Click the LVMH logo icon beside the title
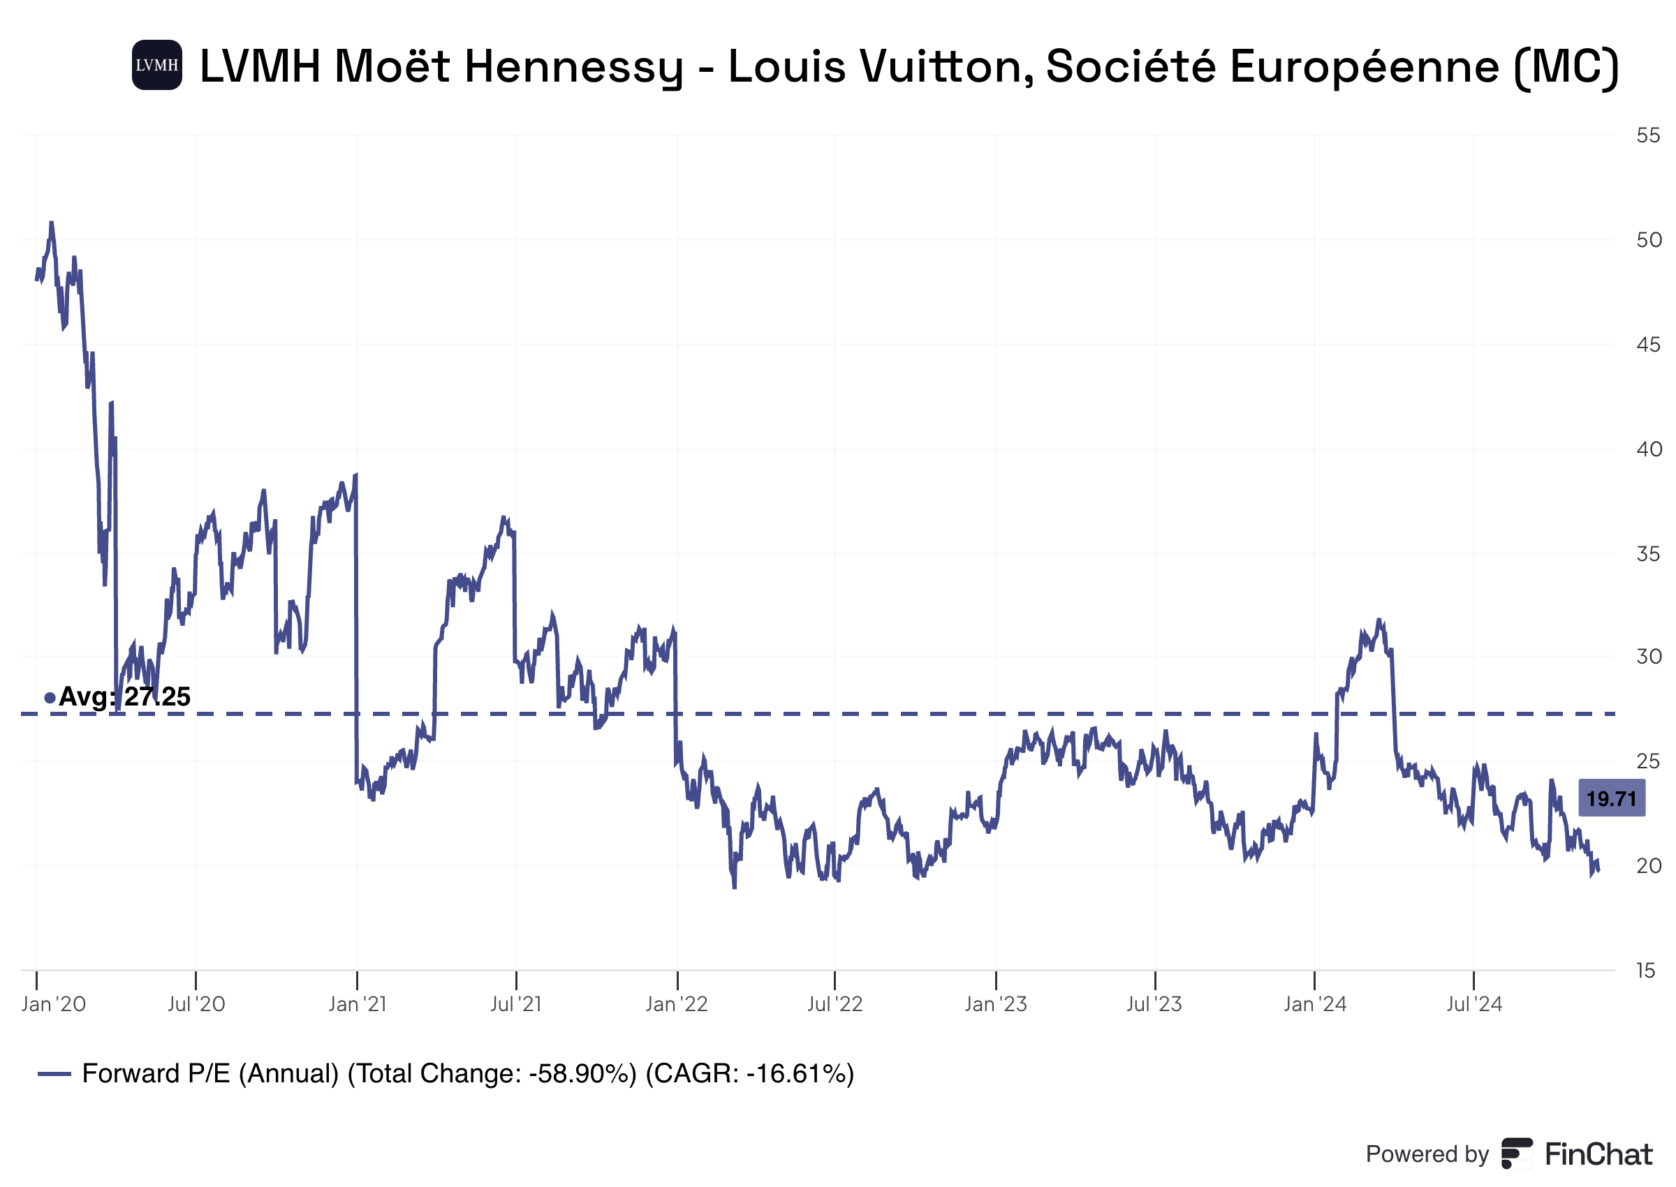156,65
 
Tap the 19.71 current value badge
1611,798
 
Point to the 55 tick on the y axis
1648,135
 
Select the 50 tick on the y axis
1648,240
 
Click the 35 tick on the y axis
1648,553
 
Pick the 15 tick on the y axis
1645,971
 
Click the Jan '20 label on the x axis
53,1004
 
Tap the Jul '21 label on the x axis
515,1004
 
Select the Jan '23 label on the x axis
995,1004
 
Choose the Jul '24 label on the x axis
1473,1004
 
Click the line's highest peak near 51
51,222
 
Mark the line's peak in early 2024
1379,620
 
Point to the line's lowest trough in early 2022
734,888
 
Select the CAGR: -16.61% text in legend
749,1074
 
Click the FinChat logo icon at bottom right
1517,1154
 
